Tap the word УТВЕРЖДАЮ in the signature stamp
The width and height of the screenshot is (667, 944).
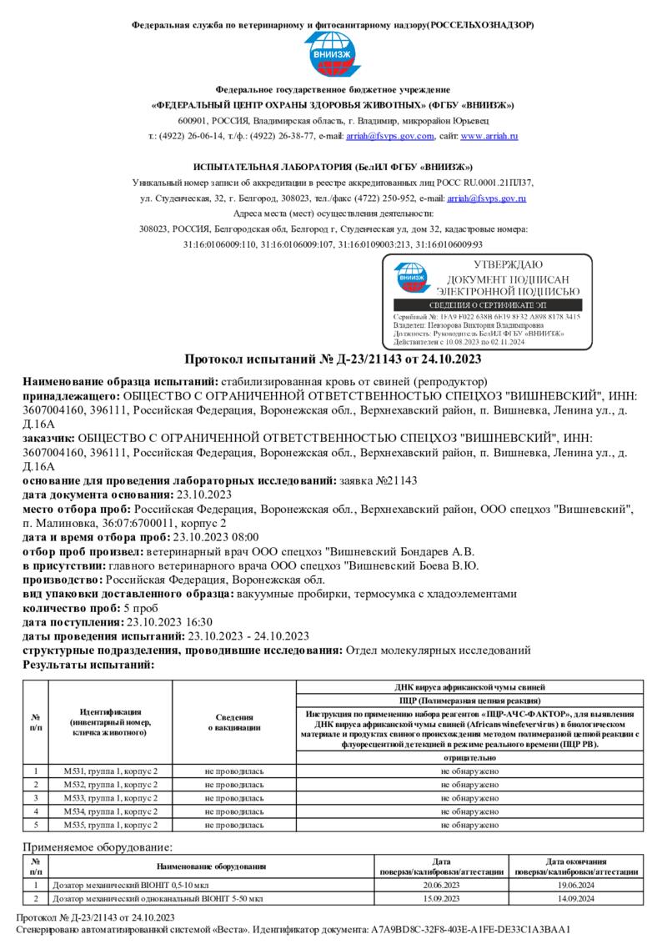pyautogui.click(x=508, y=265)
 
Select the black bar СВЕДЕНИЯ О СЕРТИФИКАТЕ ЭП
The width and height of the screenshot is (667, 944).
pyautogui.click(x=488, y=306)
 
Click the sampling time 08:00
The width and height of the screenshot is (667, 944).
pyautogui.click(x=244, y=537)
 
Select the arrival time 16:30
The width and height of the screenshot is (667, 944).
pyautogui.click(x=198, y=621)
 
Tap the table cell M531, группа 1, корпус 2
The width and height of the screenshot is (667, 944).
pyautogui.click(x=110, y=771)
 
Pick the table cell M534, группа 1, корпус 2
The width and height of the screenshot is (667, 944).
pyautogui.click(x=110, y=811)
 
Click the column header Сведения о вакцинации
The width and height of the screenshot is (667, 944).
pyautogui.click(x=234, y=722)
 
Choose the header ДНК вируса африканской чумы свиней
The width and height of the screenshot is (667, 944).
pyautogui.click(x=469, y=687)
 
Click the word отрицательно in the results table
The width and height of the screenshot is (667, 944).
pyautogui.click(x=469, y=758)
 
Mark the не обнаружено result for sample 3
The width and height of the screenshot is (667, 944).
pyautogui.click(x=469, y=798)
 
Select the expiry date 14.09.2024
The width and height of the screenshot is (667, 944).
pyautogui.click(x=575, y=899)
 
